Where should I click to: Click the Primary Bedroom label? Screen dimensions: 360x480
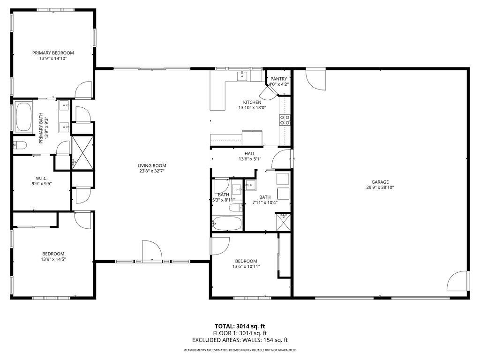click(53, 53)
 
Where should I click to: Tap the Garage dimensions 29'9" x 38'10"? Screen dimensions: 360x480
click(380, 187)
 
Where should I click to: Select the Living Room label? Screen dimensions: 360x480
click(151, 165)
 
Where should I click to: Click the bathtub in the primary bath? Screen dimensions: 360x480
click(22, 117)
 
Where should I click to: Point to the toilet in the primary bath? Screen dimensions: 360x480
click(19, 145)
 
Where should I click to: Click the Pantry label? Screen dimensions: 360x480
click(278, 78)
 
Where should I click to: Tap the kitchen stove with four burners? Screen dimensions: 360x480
click(285, 120)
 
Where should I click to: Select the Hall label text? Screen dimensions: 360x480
click(249, 153)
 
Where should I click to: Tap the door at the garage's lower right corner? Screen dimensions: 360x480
click(457, 281)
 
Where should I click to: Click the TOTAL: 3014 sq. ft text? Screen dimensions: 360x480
click(240, 326)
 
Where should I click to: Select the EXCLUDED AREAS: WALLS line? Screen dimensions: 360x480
click(240, 340)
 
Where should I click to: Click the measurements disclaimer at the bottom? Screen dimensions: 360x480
click(240, 350)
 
